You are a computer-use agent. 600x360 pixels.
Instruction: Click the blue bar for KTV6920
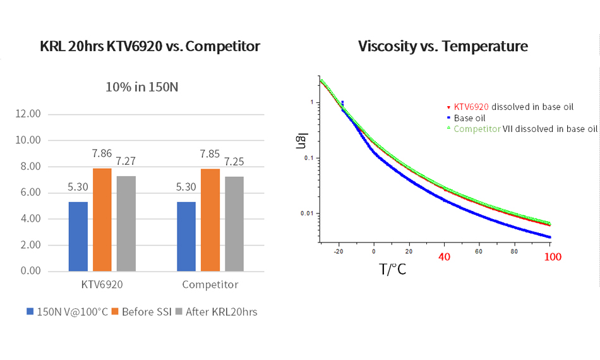[78, 236]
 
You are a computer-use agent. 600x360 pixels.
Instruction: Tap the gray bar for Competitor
[234, 224]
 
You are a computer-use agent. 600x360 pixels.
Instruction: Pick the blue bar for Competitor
[186, 236]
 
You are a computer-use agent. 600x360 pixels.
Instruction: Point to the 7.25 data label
[234, 162]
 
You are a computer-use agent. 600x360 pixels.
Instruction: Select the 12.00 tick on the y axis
[27, 114]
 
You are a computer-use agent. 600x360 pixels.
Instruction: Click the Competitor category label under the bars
[210, 285]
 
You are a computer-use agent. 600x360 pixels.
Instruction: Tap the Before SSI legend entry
[142, 311]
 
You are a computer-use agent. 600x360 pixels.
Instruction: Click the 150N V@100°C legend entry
[68, 311]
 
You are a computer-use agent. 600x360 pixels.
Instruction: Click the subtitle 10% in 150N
[142, 87]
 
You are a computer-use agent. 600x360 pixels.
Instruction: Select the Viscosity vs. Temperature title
[443, 46]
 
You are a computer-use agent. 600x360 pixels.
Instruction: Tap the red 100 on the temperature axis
[553, 257]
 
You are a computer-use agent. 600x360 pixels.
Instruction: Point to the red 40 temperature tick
[445, 257]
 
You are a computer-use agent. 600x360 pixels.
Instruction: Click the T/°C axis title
[392, 270]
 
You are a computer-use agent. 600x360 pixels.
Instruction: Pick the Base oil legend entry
[470, 117]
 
